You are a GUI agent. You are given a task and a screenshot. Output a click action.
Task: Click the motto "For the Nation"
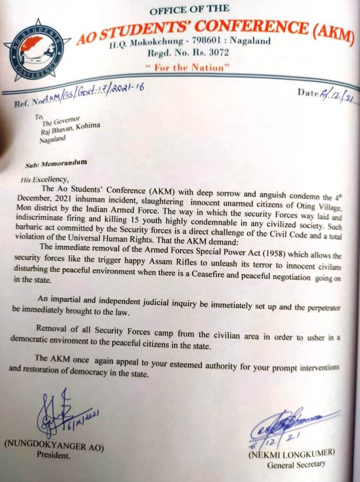188,67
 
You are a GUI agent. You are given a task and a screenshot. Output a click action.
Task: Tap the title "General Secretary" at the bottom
296,465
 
